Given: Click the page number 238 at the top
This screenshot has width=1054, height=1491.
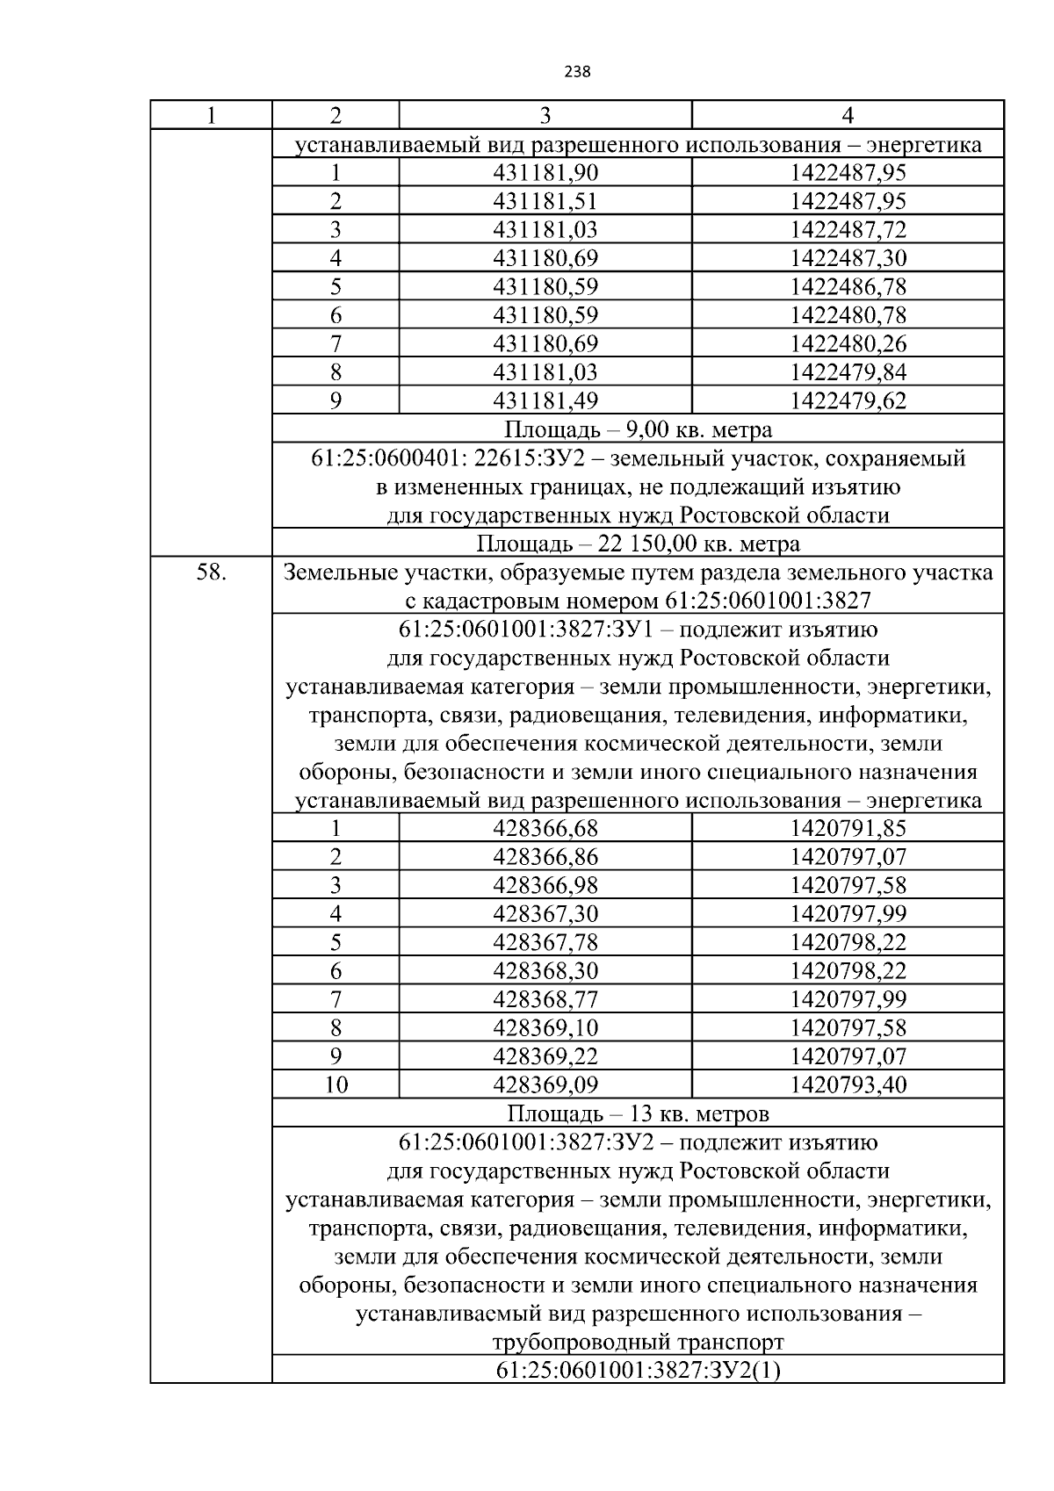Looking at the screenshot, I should (x=577, y=72).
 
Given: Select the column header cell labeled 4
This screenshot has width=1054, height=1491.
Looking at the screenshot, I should (x=848, y=116).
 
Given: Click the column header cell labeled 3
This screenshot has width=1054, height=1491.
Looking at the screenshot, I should (x=545, y=116).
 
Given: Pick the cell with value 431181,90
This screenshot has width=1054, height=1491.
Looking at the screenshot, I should (x=545, y=173).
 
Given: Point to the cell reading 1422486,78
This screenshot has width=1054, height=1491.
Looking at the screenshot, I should (x=848, y=287).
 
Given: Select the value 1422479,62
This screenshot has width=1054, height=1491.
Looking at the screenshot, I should (x=848, y=401).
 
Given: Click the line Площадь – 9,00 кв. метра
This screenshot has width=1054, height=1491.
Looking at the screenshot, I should (x=638, y=430).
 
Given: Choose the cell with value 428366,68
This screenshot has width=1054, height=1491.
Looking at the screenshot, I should (x=545, y=829).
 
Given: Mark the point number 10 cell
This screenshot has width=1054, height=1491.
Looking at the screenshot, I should (x=336, y=1085).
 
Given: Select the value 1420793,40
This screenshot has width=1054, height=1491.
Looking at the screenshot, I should (x=848, y=1085).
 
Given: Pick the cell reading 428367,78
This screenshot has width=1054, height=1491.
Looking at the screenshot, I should (x=545, y=943).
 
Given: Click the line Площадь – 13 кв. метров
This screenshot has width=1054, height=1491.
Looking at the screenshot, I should (x=638, y=1114).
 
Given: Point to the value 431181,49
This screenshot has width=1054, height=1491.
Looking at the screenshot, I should (x=545, y=401).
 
